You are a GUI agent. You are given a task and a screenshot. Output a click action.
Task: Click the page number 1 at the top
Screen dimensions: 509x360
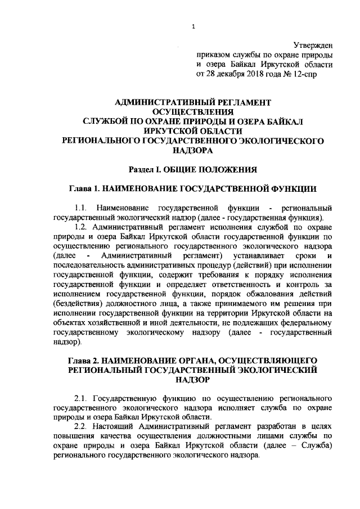(x=193, y=26)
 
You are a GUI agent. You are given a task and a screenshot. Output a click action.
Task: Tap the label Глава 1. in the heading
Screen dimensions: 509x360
(x=87, y=188)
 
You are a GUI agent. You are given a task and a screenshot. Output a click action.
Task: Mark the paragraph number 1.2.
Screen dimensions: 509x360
(x=82, y=227)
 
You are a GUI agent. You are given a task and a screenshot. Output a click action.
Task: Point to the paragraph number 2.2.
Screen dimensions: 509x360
(x=82, y=427)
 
